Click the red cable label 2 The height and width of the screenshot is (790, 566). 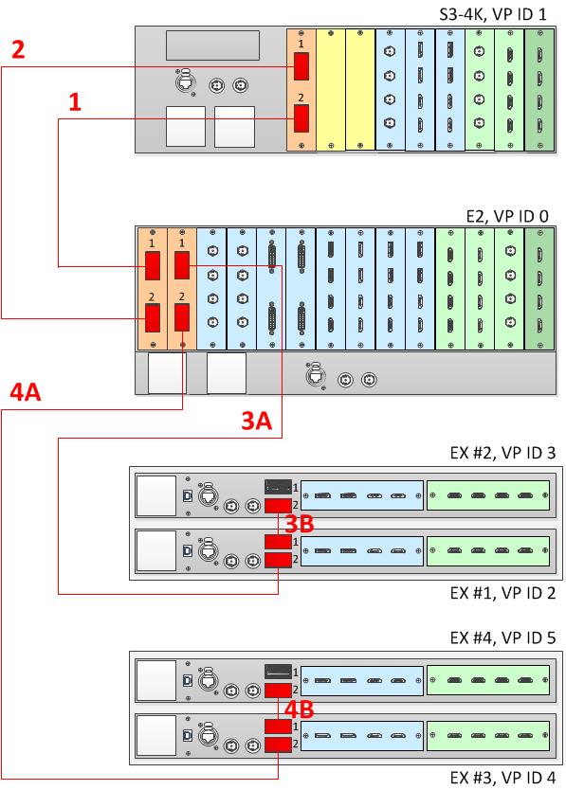pyautogui.click(x=18, y=49)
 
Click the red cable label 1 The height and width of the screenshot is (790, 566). pyautogui.click(x=75, y=101)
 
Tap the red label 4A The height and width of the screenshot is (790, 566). pyautogui.click(x=26, y=391)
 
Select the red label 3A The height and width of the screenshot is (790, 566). pyautogui.click(x=257, y=421)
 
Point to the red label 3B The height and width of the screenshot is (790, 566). pyautogui.click(x=300, y=524)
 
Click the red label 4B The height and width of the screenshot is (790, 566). pyautogui.click(x=300, y=709)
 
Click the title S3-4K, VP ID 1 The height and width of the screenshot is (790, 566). pyautogui.click(x=493, y=13)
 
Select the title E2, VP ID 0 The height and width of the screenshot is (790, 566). pyautogui.click(x=507, y=216)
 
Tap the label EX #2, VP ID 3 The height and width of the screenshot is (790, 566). pyautogui.click(x=502, y=453)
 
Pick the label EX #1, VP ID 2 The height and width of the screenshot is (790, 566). pyautogui.click(x=502, y=593)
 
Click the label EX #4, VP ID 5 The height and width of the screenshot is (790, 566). pyautogui.click(x=502, y=637)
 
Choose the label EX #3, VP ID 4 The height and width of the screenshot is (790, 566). pyautogui.click(x=502, y=778)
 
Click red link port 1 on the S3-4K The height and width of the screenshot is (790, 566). pyautogui.click(x=301, y=66)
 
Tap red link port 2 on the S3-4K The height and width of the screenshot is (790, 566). pyautogui.click(x=301, y=118)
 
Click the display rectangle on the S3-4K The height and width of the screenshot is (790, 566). pyautogui.click(x=213, y=45)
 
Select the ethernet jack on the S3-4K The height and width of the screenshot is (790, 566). pyautogui.click(x=185, y=81)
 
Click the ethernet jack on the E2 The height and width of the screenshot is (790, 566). pyautogui.click(x=316, y=376)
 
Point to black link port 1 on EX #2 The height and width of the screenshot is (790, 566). pyautogui.click(x=278, y=487)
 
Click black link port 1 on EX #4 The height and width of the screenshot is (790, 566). pyautogui.click(x=278, y=672)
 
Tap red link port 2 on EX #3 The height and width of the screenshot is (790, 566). pyautogui.click(x=278, y=745)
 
